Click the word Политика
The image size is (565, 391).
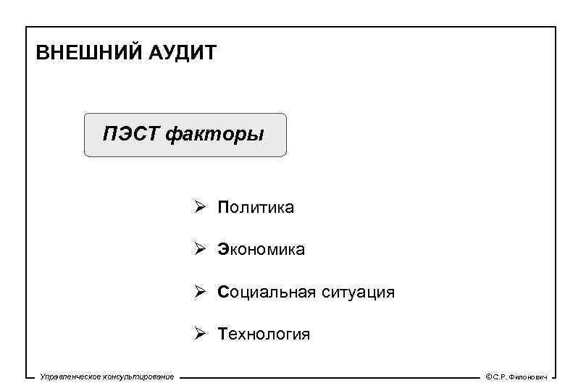coord(256,208)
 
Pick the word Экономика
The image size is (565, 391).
coord(261,250)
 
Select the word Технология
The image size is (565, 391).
coord(264,334)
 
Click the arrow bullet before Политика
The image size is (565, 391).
coord(201,208)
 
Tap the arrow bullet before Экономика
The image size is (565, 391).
coord(201,250)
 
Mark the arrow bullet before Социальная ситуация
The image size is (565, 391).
coord(201,292)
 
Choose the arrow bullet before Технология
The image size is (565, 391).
coord(201,334)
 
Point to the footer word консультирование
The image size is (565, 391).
coord(140,377)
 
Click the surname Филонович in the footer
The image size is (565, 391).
coord(528,377)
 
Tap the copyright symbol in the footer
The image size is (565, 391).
coord(488,377)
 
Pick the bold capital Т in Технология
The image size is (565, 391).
coord(222,334)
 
